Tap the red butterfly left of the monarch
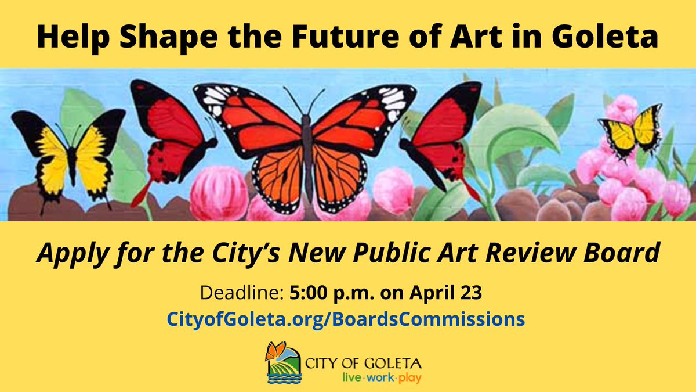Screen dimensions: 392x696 [x=169, y=136]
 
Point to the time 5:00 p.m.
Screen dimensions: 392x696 [x=328, y=293]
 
